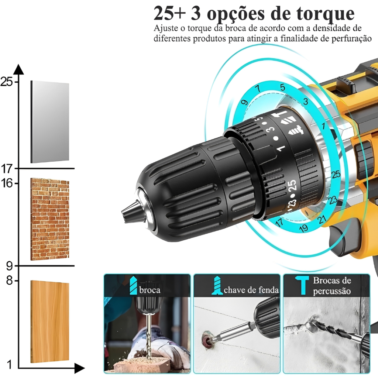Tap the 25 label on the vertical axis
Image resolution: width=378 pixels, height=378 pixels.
point(7,82)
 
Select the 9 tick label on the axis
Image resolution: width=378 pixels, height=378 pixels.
point(9,266)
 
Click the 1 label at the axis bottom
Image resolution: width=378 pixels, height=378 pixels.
point(9,364)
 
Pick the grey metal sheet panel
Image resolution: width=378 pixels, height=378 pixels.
point(50,122)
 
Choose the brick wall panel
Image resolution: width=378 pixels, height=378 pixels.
point(50,219)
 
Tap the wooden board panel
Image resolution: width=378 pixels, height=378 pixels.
point(50,322)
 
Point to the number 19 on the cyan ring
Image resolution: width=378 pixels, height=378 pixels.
point(303,227)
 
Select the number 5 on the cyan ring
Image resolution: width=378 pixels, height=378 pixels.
point(282,87)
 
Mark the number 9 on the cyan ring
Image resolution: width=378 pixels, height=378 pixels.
point(244,102)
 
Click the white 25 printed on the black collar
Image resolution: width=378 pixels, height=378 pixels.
point(292,186)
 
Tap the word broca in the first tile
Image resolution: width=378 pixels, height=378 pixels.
point(150,290)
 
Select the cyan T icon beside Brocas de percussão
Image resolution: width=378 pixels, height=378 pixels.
point(302,286)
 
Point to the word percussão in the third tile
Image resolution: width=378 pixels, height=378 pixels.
point(332,291)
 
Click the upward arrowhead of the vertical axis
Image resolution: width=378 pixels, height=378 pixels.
point(18,69)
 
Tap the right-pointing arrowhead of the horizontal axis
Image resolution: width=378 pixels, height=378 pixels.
point(80,368)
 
